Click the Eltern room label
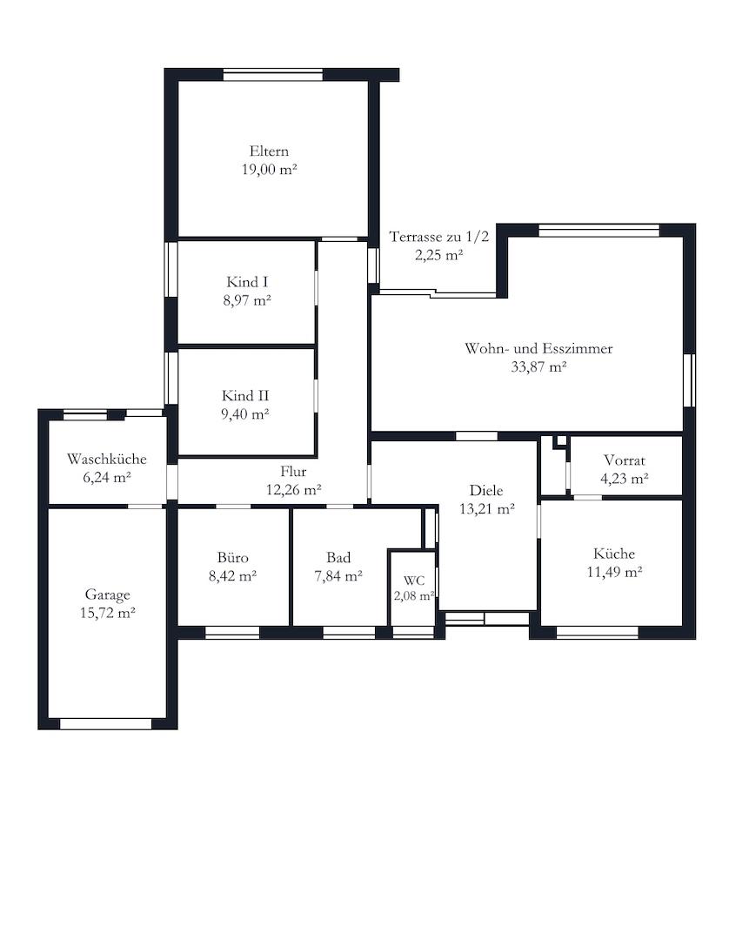coord(269,151)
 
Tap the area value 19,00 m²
coord(270,170)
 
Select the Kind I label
coord(247,282)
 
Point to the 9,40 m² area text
coord(245,413)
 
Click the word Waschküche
coord(107,460)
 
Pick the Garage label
coord(107,594)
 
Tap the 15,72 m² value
coord(107,613)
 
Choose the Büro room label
coord(232,558)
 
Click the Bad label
coord(338,558)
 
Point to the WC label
coord(414,581)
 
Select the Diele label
coord(486,490)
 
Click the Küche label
coord(614,554)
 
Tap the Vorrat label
coord(625,460)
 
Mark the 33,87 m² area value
coord(538,367)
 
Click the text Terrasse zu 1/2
coord(439,237)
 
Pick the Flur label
coord(294,471)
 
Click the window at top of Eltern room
coord(273,75)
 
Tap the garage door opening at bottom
coord(106,724)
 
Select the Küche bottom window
coord(598,633)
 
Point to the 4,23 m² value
coord(625,479)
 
